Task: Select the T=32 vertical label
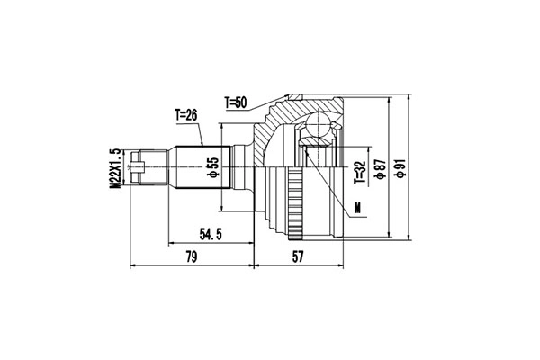pyautogui.click(x=360, y=171)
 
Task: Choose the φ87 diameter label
pyautogui.click(x=381, y=171)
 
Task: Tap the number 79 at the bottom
pyautogui.click(x=192, y=258)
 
